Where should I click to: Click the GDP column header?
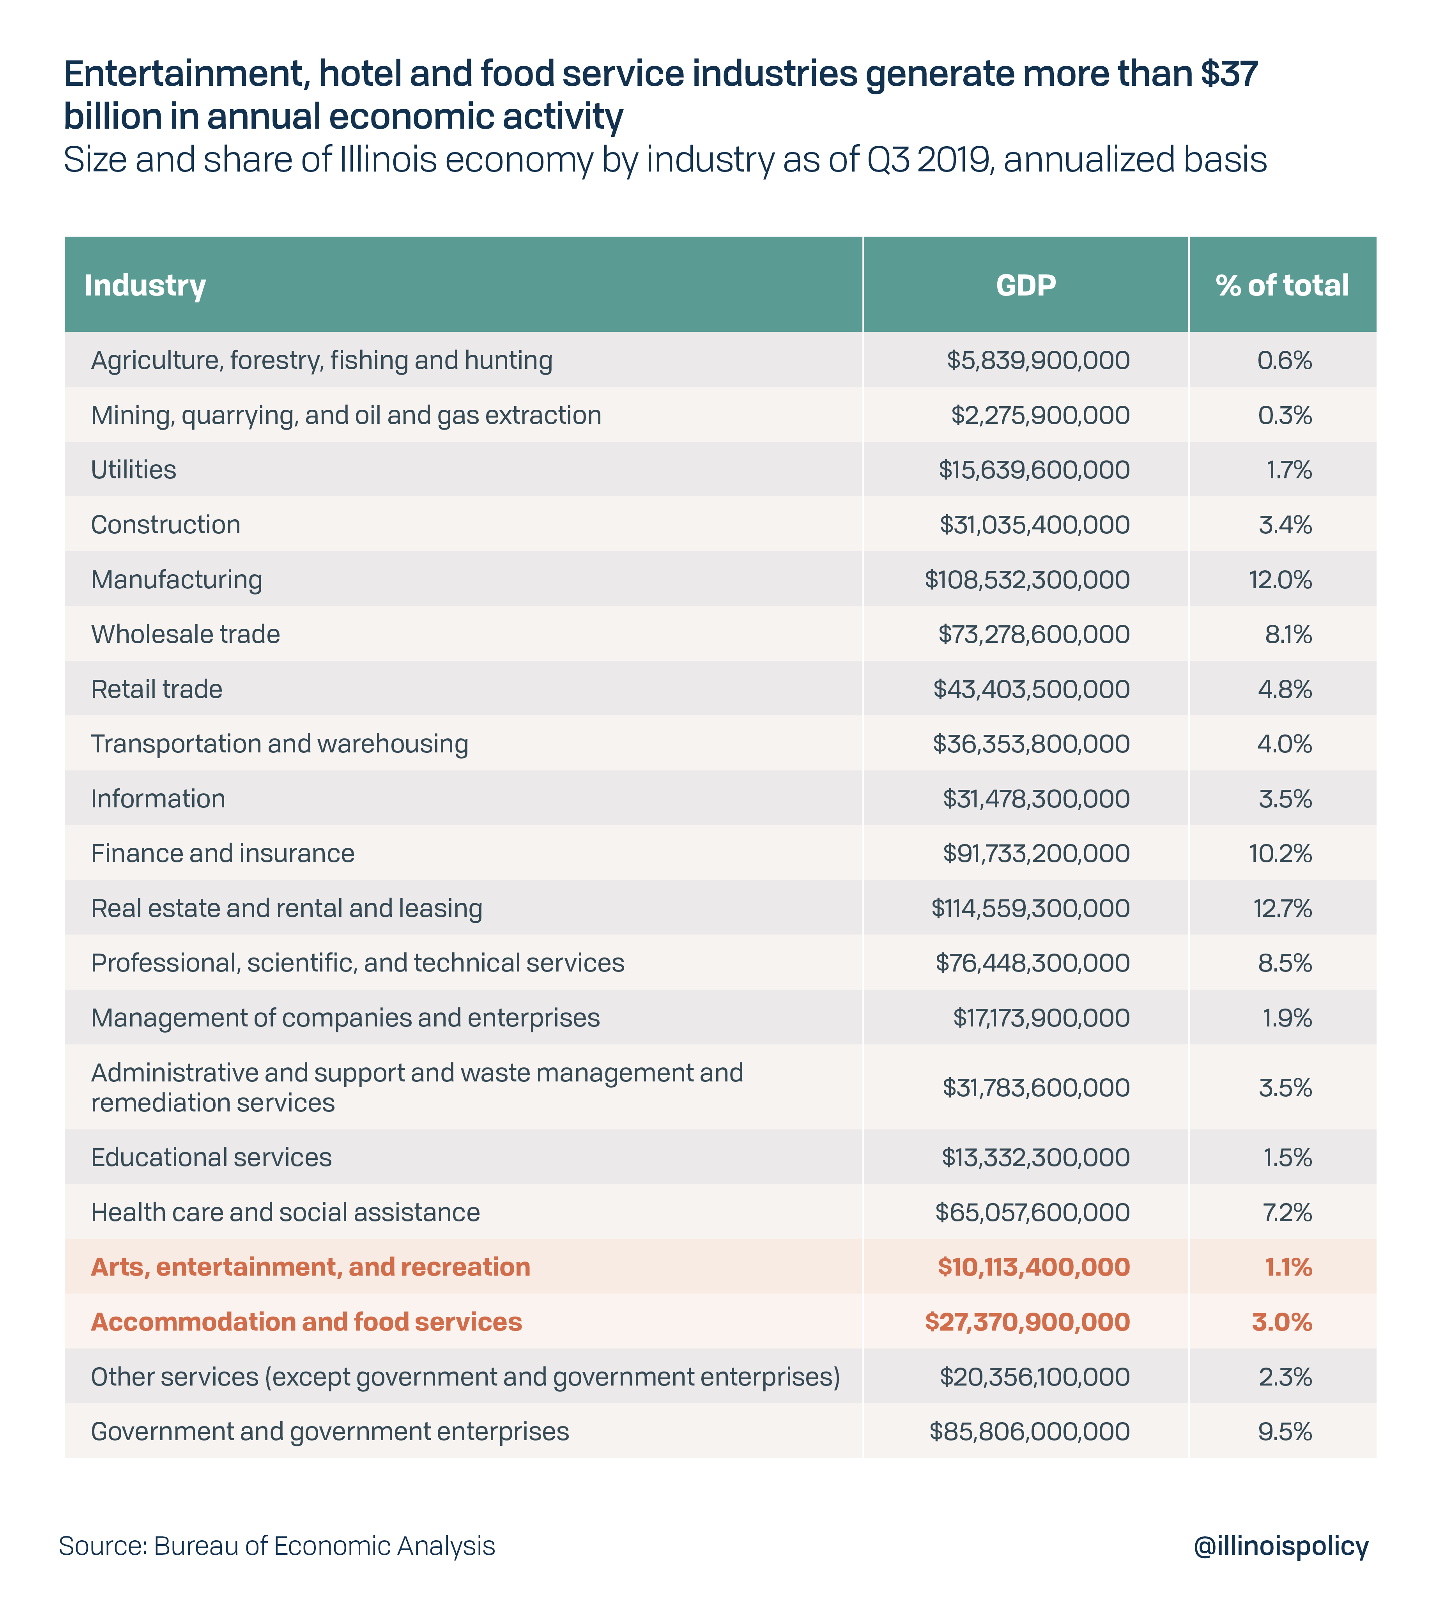[1026, 285]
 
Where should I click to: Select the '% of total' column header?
[1282, 285]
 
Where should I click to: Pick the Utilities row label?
[133, 470]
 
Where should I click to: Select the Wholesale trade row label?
[186, 634]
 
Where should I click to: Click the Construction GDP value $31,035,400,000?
[1035, 524]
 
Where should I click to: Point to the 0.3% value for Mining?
[1285, 415]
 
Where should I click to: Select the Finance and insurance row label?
[223, 853]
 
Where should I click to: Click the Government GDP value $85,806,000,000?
[1030, 1432]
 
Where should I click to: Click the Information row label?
[158, 798]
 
